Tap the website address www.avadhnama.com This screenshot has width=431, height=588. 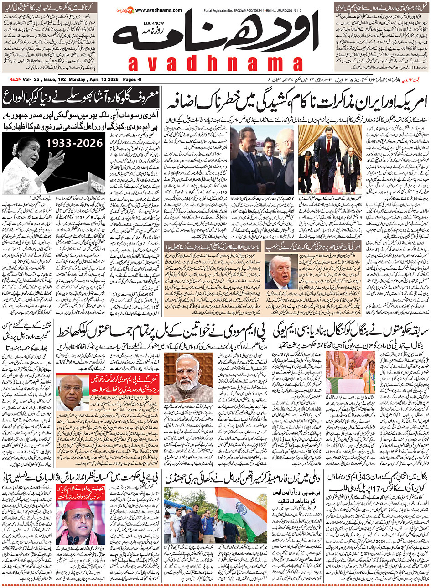coord(158,10)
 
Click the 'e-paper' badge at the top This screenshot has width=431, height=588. coord(125,10)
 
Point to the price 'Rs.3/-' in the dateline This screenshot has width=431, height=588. coord(16,79)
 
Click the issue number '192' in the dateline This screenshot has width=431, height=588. coord(62,79)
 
